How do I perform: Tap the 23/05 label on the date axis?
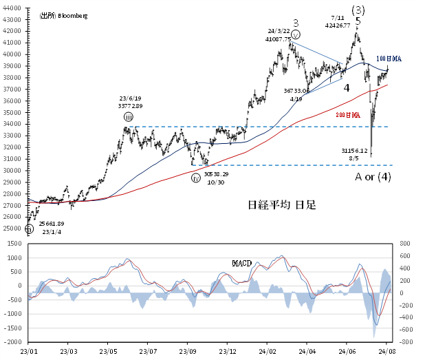coord(107,350)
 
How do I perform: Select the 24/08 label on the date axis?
coord(385,350)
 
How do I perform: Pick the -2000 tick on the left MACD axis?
coord(11,341)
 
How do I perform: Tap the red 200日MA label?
coord(348,116)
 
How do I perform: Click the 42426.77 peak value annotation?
coord(338,25)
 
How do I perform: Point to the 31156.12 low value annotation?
coord(355,149)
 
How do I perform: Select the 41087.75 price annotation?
coord(278,40)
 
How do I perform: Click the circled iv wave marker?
coord(195,177)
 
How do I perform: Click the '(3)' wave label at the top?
coord(358,10)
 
